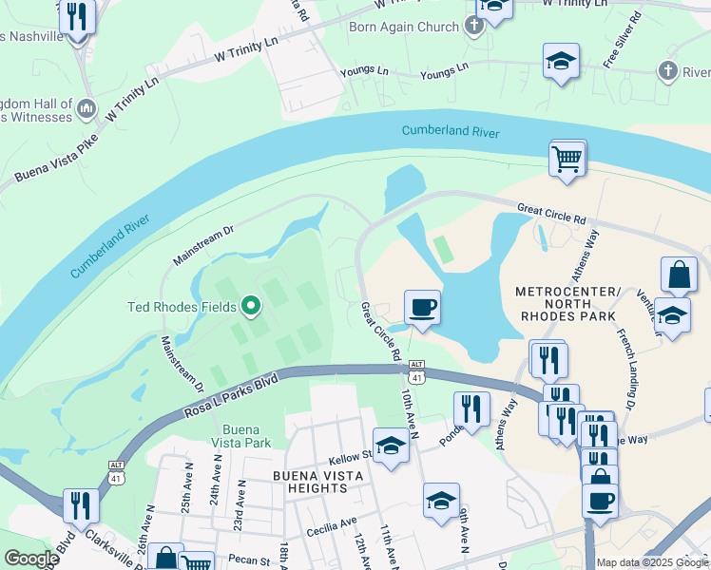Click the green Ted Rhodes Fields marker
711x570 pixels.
251,306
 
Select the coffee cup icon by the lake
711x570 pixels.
422,307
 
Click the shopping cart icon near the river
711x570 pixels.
567,158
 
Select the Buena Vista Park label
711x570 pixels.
240,436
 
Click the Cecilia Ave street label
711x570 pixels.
326,521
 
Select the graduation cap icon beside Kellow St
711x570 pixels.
390,446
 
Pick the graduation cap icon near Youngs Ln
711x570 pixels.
562,61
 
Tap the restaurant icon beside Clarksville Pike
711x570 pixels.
81,504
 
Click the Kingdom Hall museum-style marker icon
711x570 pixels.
86,109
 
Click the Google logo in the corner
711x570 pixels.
30,559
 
